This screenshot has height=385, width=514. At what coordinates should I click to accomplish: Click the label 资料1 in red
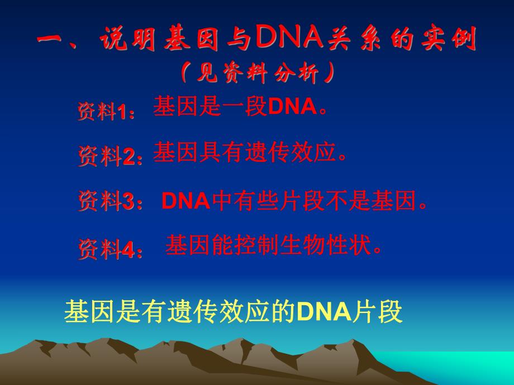(x=106, y=113)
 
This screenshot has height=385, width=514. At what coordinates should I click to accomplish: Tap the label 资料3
(x=110, y=201)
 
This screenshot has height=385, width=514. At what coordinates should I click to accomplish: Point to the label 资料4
(x=110, y=249)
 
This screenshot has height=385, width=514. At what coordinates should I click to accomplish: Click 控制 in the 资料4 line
(x=258, y=246)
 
